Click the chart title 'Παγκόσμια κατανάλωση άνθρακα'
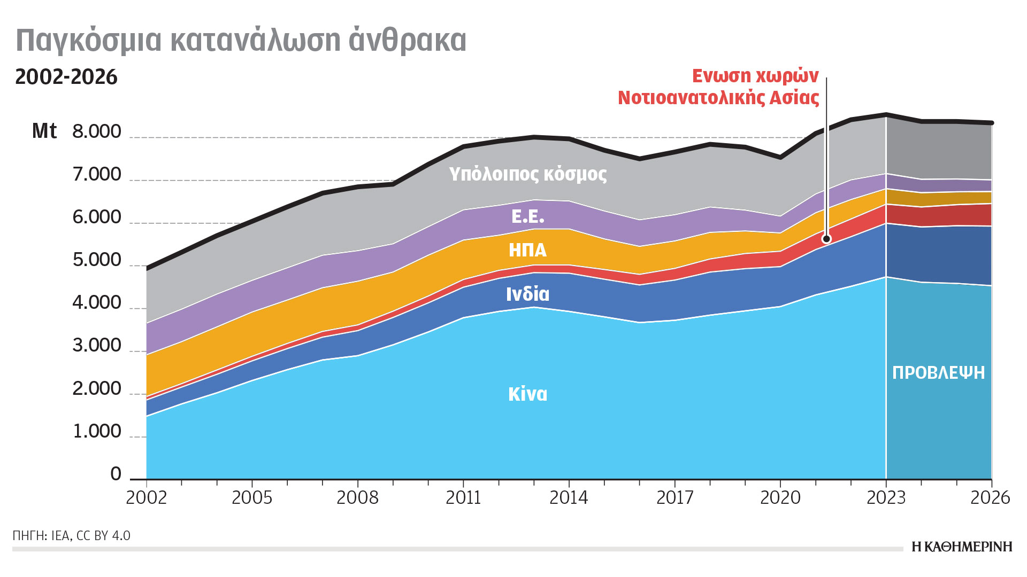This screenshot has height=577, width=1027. click(x=241, y=41)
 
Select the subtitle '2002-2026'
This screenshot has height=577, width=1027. click(x=66, y=77)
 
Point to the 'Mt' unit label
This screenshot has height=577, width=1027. click(x=44, y=131)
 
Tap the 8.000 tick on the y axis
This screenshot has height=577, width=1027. click(x=97, y=131)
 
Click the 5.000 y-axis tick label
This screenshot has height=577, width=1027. click(x=97, y=260)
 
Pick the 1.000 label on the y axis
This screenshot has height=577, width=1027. click(x=97, y=431)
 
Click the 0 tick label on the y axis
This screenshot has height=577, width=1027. click(x=116, y=474)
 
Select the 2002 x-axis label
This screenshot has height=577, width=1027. click(x=146, y=498)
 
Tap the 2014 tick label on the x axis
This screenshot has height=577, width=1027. click(x=569, y=498)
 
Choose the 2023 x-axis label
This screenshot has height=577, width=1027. click(x=886, y=498)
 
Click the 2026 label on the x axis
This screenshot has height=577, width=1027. click(x=990, y=498)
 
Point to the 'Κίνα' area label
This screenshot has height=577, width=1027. click(x=527, y=394)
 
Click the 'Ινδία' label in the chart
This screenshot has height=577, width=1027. click(x=527, y=294)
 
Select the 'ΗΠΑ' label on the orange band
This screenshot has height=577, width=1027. click(x=527, y=250)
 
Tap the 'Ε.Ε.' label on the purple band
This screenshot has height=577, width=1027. click(x=527, y=216)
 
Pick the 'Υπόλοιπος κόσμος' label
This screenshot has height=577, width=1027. click(x=527, y=174)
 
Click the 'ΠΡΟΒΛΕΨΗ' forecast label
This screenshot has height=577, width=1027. click(x=938, y=373)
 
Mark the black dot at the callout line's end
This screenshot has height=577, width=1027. click(x=826, y=239)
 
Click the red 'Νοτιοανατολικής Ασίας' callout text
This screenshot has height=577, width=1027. click(x=718, y=98)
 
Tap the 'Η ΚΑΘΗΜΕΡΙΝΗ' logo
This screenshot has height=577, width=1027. click(x=962, y=547)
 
